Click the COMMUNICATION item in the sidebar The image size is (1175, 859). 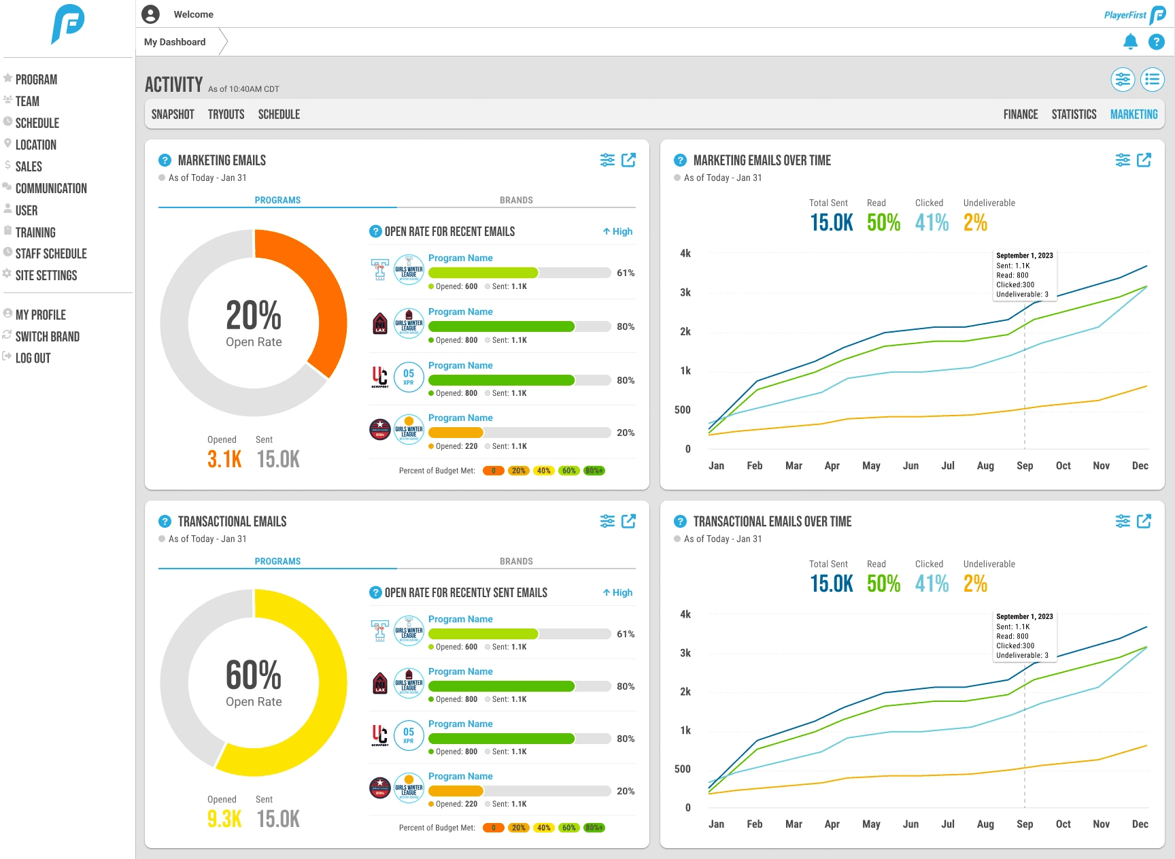coord(51,188)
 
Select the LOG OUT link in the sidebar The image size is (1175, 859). coord(33,358)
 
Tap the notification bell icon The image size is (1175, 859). coord(1130,42)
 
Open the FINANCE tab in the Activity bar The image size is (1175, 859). coord(1020,114)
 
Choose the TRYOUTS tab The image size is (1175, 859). coord(226,114)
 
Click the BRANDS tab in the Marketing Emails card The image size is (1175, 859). coord(516,200)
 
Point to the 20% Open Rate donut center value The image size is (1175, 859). coord(254,316)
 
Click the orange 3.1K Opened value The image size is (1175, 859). coord(224,459)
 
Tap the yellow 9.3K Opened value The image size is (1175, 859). coord(224,819)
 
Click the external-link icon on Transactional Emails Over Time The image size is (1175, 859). coord(1144,521)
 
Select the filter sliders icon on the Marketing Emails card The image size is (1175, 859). coord(607,160)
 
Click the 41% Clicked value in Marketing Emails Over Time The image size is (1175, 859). coord(932,222)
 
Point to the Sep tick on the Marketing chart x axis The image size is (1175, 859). coord(1025,466)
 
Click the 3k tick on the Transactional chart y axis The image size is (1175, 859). coord(685,653)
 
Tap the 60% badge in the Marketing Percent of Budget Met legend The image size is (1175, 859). coord(568,471)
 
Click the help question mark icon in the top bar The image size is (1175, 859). coord(1156,42)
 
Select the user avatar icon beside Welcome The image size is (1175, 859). coord(150,14)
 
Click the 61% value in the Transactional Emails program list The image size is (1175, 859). coord(626,634)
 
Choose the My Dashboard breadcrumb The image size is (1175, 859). coord(175,42)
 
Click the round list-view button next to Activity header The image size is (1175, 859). coord(1152,80)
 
